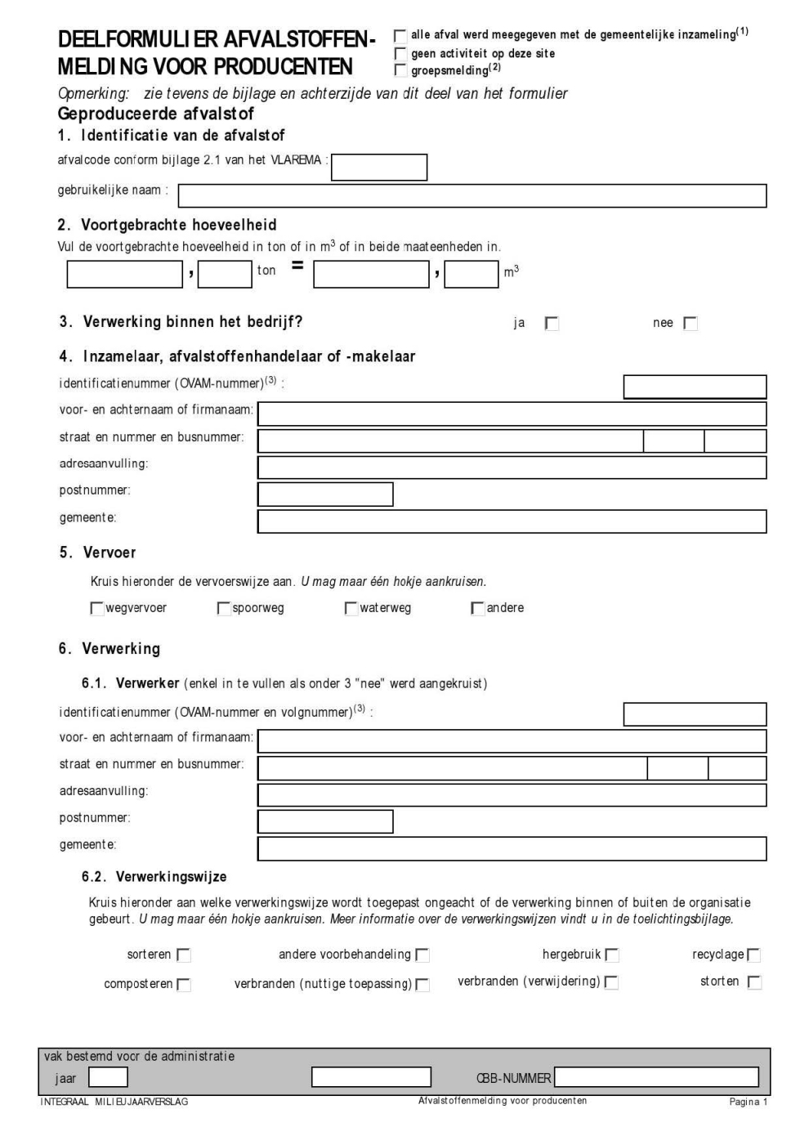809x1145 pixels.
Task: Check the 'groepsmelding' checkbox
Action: tap(400, 70)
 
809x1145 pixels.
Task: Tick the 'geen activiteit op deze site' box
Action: tap(400, 54)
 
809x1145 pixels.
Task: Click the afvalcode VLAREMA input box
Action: tap(379, 167)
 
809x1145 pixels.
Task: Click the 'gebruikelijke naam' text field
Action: tap(472, 196)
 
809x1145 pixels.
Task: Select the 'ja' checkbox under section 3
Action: tap(552, 324)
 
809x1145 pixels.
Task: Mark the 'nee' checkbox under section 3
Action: tap(691, 324)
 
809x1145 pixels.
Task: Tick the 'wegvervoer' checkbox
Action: tap(97, 609)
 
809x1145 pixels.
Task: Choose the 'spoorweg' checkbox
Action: tap(224, 609)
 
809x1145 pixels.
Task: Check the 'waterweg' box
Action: tap(351, 609)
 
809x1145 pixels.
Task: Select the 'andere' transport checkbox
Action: tap(478, 609)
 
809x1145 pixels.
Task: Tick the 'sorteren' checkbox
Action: tap(184, 955)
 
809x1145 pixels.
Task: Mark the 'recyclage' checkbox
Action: tap(753, 955)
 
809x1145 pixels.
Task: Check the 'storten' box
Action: tap(754, 982)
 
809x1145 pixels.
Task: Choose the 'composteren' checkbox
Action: tap(184, 985)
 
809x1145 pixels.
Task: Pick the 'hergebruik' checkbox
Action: tap(612, 955)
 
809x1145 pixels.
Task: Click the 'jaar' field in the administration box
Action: tap(108, 1077)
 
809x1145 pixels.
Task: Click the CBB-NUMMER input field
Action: tap(656, 1077)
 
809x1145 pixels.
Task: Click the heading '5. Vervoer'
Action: tap(97, 552)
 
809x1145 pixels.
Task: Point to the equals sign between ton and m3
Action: tap(297, 265)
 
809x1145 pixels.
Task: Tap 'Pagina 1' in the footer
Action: tap(748, 1102)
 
